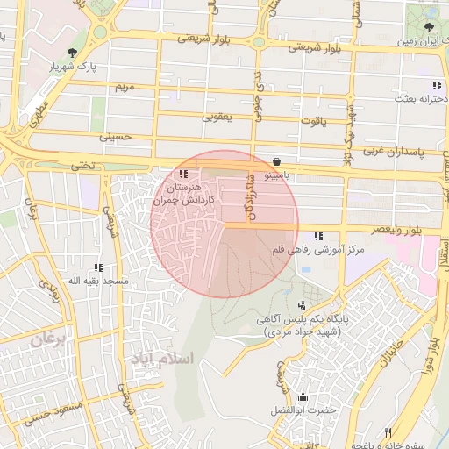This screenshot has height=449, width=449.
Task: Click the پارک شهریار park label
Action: coord(71,67)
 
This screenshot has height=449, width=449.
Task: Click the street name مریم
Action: coord(125,88)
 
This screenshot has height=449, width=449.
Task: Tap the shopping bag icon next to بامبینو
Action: coord(277,161)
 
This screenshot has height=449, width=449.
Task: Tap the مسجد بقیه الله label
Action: coord(99,282)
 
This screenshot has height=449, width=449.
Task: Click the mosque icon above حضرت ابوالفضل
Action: coord(303,396)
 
